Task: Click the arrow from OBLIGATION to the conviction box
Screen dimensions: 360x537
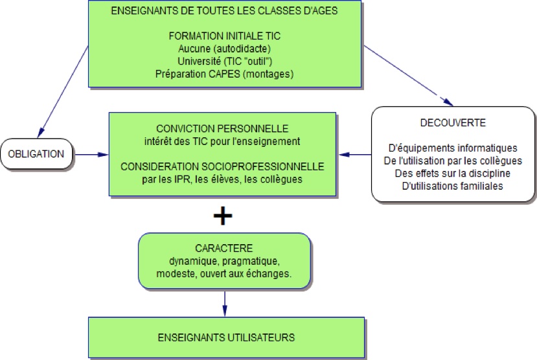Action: [91, 155]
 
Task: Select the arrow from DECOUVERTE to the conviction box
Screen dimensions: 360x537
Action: [356, 155]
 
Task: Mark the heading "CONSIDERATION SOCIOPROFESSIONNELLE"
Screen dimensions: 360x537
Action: [222, 166]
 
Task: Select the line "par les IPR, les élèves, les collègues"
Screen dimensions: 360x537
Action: [222, 179]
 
